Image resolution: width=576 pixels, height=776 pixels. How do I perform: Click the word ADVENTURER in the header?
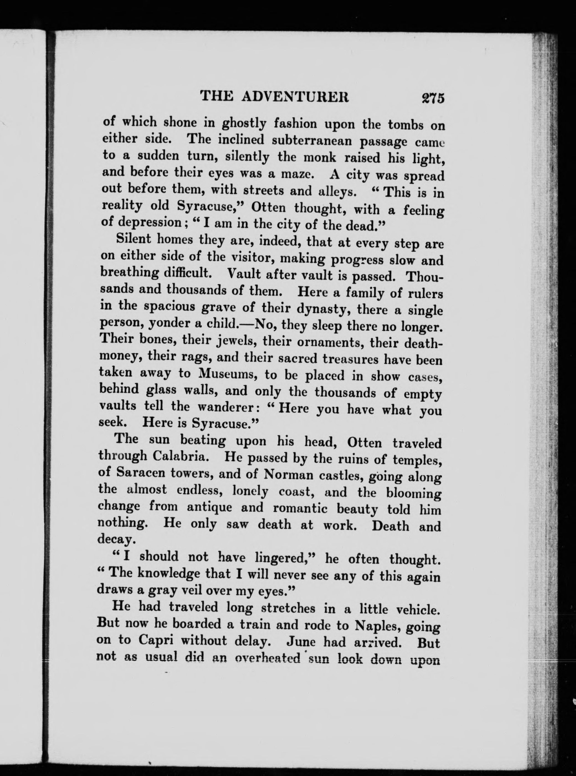(x=295, y=96)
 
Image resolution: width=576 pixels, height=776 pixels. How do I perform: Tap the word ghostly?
(x=244, y=124)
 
